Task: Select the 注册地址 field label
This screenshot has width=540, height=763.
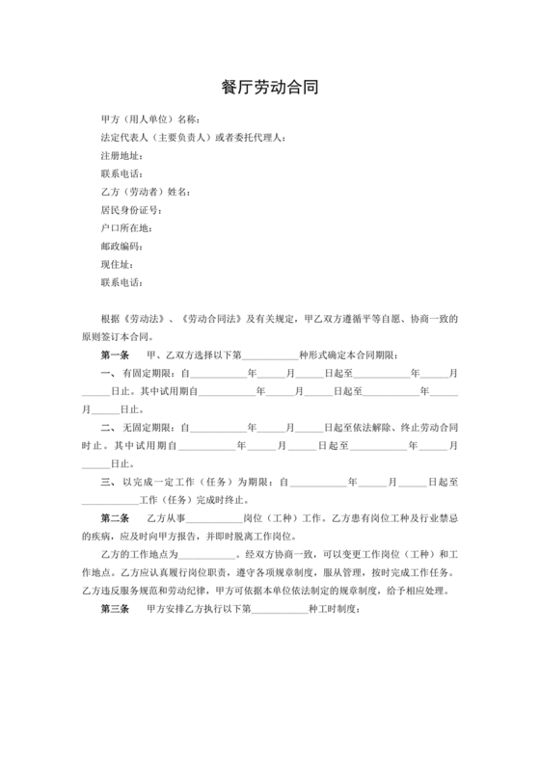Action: point(121,155)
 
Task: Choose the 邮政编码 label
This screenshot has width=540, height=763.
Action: point(121,247)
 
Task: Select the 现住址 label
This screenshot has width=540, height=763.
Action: point(116,264)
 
